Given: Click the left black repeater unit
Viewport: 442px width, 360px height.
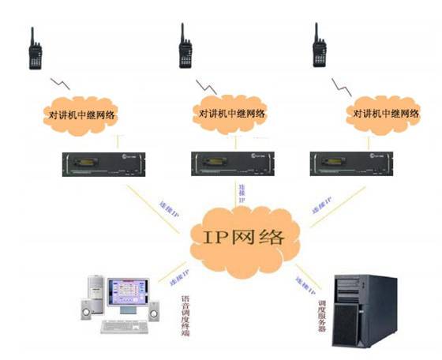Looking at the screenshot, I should (x=102, y=163).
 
